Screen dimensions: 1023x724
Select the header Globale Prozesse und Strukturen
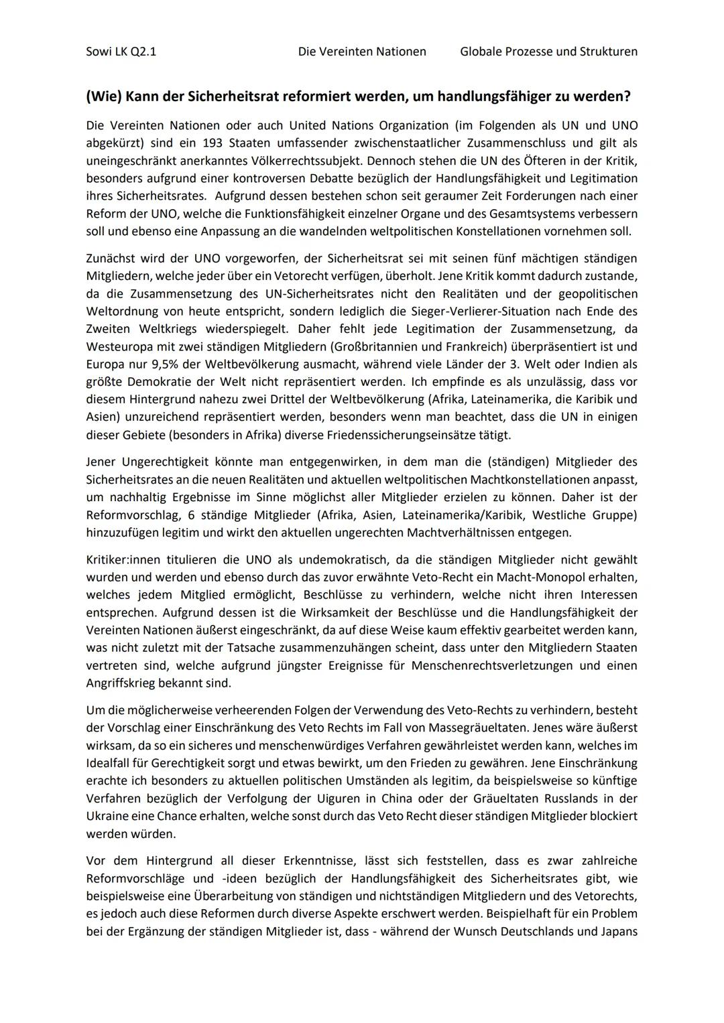(x=548, y=52)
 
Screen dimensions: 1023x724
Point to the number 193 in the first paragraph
(x=213, y=143)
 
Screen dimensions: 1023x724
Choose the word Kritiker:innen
(x=127, y=559)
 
